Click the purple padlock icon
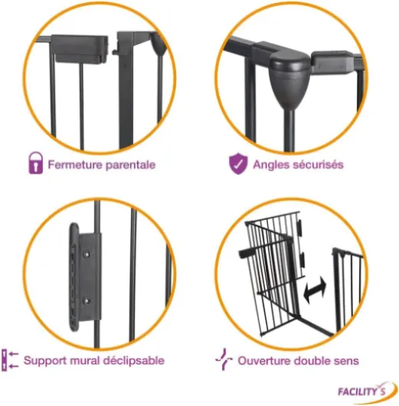point(35,163)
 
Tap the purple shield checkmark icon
point(238,164)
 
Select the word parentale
point(130,165)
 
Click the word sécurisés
point(316,165)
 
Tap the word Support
point(45,361)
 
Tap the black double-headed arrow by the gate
point(315,290)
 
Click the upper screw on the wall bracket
point(87,254)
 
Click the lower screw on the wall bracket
point(87,301)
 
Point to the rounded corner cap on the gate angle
point(289,77)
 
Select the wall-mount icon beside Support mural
point(10,360)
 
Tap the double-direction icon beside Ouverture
point(224,359)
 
